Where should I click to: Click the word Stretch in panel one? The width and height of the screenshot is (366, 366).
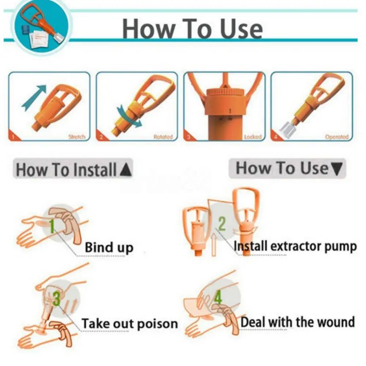pos(76,137)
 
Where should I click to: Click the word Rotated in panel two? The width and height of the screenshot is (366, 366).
pos(163,137)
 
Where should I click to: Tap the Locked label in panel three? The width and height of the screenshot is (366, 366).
pos(253,137)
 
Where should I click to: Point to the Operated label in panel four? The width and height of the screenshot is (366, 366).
pos(336,137)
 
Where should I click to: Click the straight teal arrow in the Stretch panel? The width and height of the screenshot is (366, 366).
pos(34,97)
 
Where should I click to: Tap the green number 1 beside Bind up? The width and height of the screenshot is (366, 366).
pos(52,226)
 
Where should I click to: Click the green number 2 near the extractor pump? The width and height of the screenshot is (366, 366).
pos(221,224)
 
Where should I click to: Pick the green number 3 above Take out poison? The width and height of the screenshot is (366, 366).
pos(56,298)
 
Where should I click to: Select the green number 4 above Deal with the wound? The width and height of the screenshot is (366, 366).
pos(218,298)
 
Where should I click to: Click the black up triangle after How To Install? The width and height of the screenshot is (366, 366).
pos(126,170)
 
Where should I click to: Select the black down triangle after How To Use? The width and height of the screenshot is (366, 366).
pos(336,169)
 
